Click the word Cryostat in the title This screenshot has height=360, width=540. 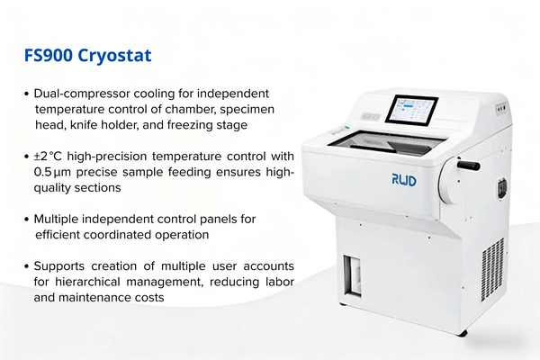click(114, 56)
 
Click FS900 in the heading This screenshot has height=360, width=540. click(49, 55)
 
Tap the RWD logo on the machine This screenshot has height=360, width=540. click(404, 180)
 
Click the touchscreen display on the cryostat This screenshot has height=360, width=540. click(411, 110)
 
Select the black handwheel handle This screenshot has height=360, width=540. click(468, 165)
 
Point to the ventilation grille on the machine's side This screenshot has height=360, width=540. click(493, 269)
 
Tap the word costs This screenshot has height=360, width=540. click(150, 297)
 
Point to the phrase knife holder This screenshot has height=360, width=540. click(101, 125)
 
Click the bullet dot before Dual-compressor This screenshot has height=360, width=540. click(26, 94)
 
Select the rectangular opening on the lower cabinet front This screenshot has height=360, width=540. click(352, 275)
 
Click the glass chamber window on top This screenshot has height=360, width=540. click(386, 141)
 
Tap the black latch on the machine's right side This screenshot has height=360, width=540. click(502, 188)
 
